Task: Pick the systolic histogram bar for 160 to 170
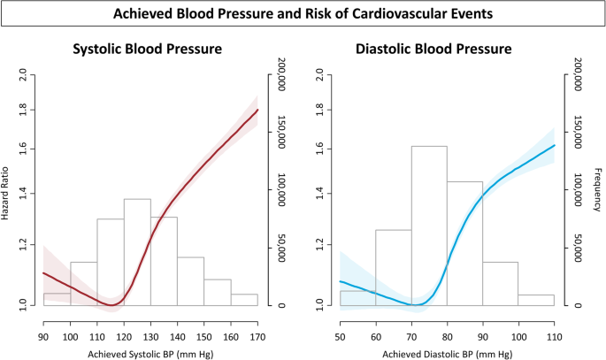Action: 244,300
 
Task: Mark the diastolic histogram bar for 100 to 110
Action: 536,300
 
